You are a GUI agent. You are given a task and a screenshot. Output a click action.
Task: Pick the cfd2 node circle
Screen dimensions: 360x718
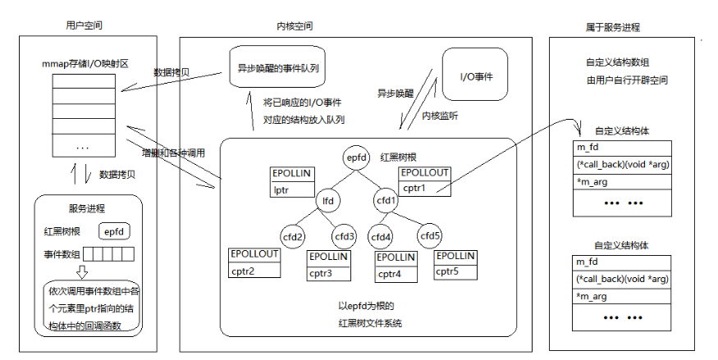click(293, 236)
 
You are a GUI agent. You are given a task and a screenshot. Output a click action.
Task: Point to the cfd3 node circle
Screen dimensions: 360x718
click(345, 236)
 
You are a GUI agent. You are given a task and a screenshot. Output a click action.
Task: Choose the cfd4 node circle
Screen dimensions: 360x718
click(381, 236)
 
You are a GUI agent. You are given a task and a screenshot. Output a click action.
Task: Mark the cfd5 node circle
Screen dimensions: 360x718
click(430, 236)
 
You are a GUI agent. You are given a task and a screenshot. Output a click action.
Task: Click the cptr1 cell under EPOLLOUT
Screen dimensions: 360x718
click(424, 188)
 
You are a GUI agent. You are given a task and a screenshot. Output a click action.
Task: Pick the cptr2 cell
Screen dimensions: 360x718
click(254, 271)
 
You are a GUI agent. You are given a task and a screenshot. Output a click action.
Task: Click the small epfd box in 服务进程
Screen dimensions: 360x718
click(114, 232)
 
